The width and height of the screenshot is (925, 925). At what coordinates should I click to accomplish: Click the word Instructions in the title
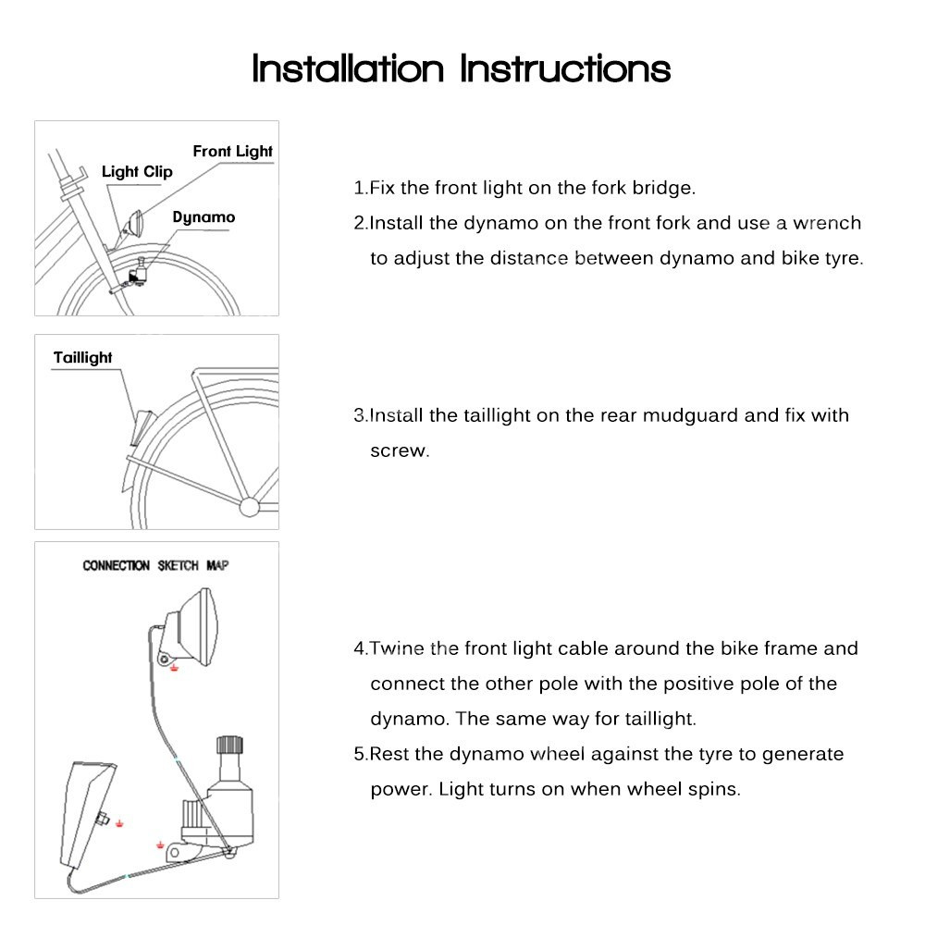pyautogui.click(x=565, y=68)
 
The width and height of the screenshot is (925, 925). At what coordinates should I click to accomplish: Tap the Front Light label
pyautogui.click(x=232, y=151)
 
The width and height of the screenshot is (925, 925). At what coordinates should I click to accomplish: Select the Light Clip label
pyautogui.click(x=137, y=171)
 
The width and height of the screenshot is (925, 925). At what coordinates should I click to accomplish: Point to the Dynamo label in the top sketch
pyautogui.click(x=203, y=217)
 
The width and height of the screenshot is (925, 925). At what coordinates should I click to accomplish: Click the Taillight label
pyautogui.click(x=83, y=357)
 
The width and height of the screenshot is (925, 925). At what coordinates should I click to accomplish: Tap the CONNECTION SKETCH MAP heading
pyautogui.click(x=155, y=565)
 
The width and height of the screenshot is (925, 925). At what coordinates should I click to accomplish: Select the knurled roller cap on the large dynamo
pyautogui.click(x=228, y=746)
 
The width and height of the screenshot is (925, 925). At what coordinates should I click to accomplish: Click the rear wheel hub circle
pyautogui.click(x=250, y=506)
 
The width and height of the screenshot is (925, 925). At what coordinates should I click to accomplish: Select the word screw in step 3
pyautogui.click(x=399, y=452)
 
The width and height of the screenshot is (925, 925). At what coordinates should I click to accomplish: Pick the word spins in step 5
pyautogui.click(x=717, y=789)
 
